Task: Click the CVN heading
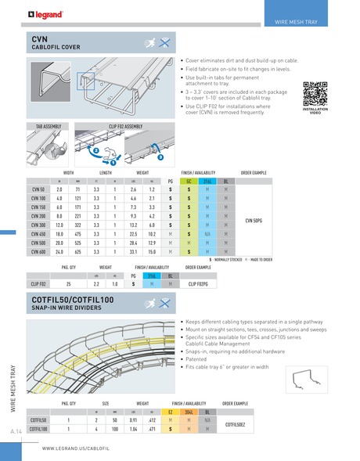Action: (41, 38)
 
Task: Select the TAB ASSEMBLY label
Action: (49, 126)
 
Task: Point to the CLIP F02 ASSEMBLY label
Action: (124, 126)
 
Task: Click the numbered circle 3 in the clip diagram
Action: (159, 159)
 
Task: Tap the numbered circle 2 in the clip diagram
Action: (95, 149)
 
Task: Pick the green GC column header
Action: (189, 181)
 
